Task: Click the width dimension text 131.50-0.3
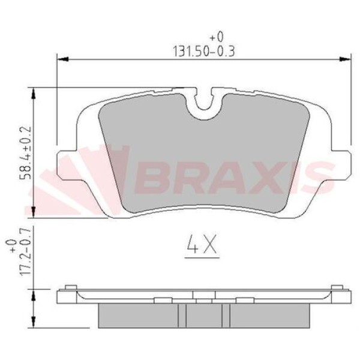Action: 203,52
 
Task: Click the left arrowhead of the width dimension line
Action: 61,59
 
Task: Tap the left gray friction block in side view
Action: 138,313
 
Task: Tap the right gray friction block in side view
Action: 270,313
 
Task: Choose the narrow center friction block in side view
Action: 204,313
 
